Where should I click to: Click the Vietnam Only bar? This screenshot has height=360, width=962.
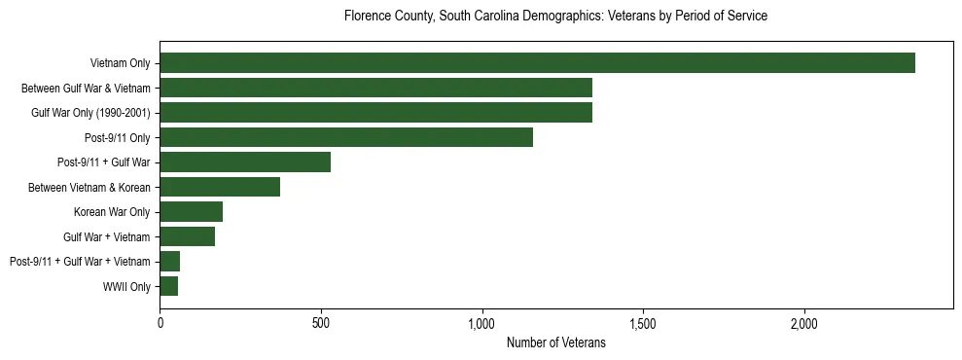point(537,63)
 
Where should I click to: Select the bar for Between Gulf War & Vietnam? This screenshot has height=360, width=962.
point(375,88)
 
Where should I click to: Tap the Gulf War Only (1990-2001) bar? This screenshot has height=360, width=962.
point(375,113)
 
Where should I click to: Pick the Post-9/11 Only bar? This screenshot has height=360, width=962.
point(346,137)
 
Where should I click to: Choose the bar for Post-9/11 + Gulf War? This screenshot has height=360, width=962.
point(245,162)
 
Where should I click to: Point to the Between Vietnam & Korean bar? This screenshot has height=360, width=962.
point(220,187)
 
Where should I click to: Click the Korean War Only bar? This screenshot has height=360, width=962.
point(192,212)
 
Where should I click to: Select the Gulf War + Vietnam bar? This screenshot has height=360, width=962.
point(188,236)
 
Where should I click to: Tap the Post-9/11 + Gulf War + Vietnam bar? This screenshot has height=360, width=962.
point(170,262)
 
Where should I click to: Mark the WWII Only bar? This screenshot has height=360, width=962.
point(169,286)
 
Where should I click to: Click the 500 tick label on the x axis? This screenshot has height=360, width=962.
point(321,323)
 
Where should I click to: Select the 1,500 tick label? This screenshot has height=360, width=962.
point(643,323)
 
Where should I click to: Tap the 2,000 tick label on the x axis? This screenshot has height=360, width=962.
point(804,323)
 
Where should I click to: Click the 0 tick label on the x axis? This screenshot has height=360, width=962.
point(160,323)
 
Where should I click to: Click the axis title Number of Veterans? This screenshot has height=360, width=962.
point(555,343)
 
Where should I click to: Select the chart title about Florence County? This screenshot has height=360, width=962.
point(555,17)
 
